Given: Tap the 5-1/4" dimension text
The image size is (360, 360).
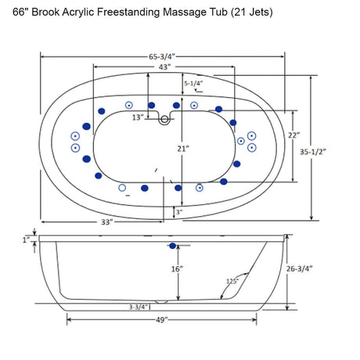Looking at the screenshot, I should click(x=193, y=83).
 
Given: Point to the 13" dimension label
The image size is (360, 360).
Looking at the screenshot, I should click(x=138, y=117).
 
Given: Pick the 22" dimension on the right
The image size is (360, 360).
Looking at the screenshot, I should click(x=294, y=135).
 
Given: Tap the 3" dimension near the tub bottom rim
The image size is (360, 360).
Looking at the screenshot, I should click(x=180, y=212).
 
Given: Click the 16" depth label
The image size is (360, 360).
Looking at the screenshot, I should click(x=178, y=269).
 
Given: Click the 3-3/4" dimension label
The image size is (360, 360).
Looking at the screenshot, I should click(x=140, y=308).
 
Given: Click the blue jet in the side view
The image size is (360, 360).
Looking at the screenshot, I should click(x=172, y=246).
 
